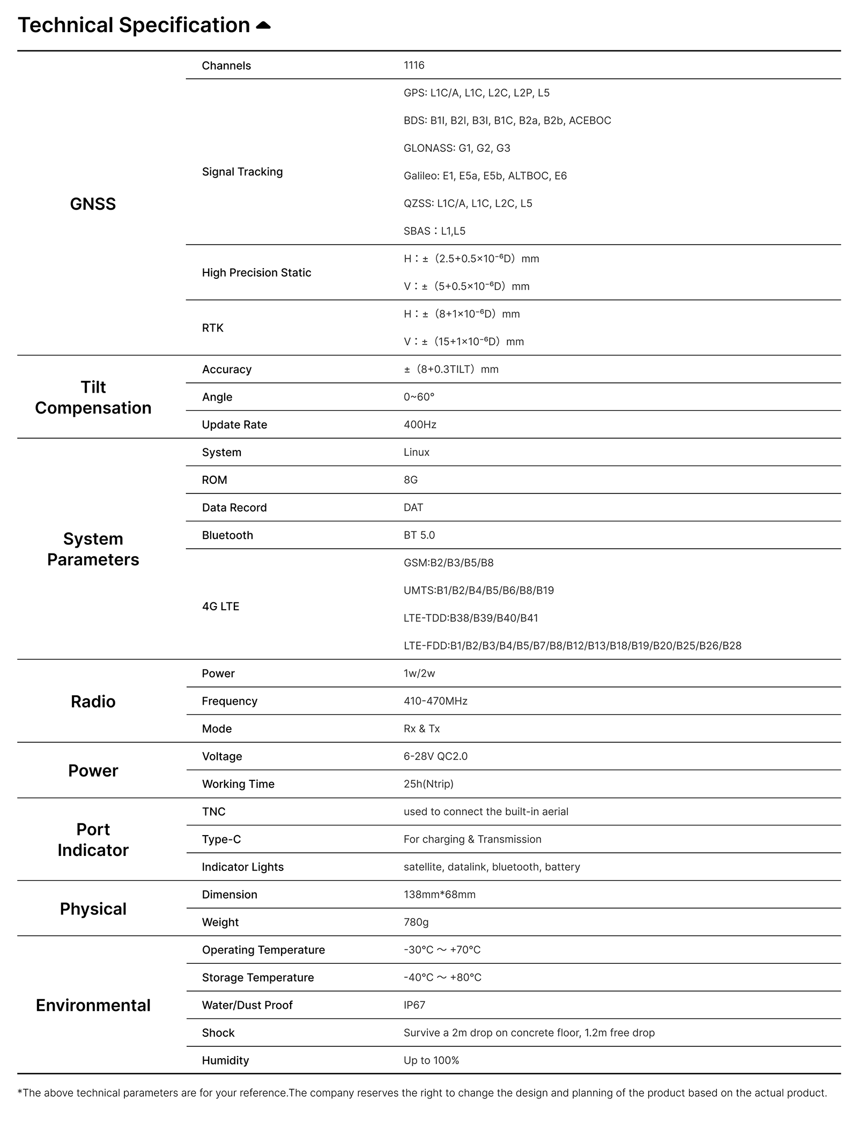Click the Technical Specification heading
tap(134, 25)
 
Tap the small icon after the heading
tap(263, 25)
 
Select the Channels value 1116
tap(413, 65)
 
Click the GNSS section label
tap(93, 204)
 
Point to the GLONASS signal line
tap(456, 148)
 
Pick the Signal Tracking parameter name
tap(242, 172)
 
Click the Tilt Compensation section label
tap(93, 397)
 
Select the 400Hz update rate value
tap(419, 425)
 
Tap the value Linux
tap(416, 452)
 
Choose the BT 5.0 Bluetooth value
tap(419, 535)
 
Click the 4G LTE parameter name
tap(220, 607)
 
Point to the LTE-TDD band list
tap(470, 618)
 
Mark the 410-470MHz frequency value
tap(435, 701)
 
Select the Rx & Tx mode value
tap(421, 729)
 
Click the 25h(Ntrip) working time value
tap(428, 784)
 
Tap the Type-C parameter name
tap(221, 839)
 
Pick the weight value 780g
tap(416, 922)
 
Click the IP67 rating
tap(414, 1005)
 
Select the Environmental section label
tap(93, 1005)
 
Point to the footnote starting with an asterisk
tap(422, 1093)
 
